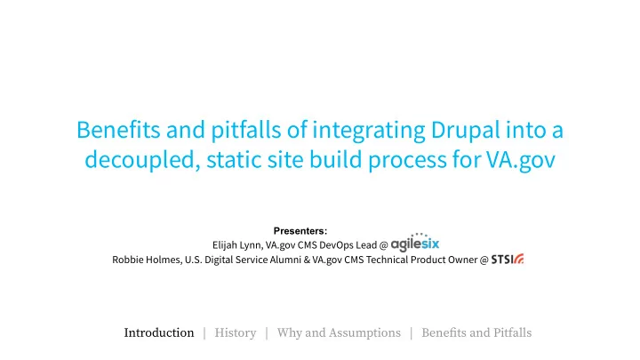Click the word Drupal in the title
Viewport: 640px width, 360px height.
[x=466, y=131]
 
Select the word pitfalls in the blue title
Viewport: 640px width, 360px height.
[x=245, y=131]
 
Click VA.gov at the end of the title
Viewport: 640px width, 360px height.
[x=520, y=160]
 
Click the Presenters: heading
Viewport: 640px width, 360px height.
[x=300, y=231]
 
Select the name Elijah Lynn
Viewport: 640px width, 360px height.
[x=237, y=245]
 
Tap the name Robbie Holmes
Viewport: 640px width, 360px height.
[x=147, y=260]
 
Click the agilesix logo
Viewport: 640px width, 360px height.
[x=415, y=243]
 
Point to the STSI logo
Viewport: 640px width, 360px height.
[x=508, y=260]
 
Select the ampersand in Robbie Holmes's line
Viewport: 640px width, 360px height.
[x=307, y=260]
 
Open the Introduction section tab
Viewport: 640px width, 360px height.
[x=159, y=333]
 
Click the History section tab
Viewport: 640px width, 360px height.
[x=236, y=333]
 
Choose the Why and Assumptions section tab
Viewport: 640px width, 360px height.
[x=339, y=333]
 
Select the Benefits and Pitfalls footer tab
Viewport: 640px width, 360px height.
[x=476, y=333]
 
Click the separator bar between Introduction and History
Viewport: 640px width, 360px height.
[x=204, y=333]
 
